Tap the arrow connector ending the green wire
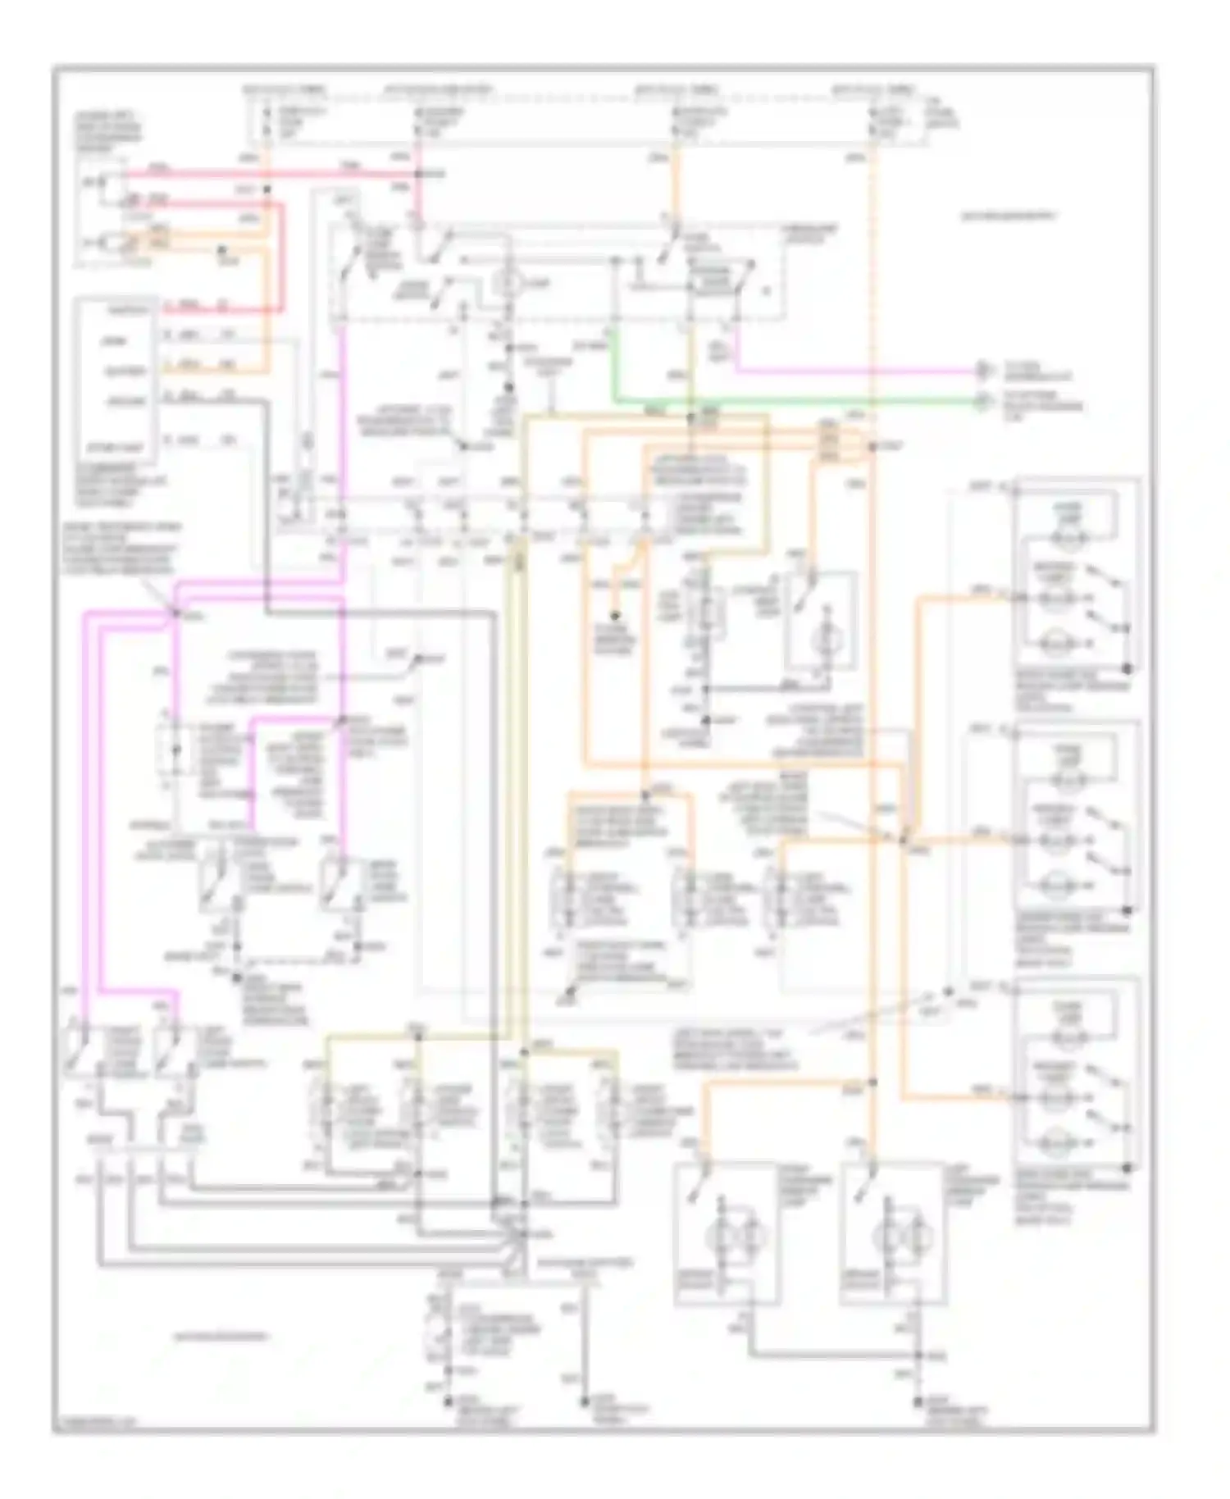[981, 401]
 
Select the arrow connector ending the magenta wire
[981, 371]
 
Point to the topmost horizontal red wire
[271, 173]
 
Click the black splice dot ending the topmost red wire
[417, 174]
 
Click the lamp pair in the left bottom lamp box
[722, 1233]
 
